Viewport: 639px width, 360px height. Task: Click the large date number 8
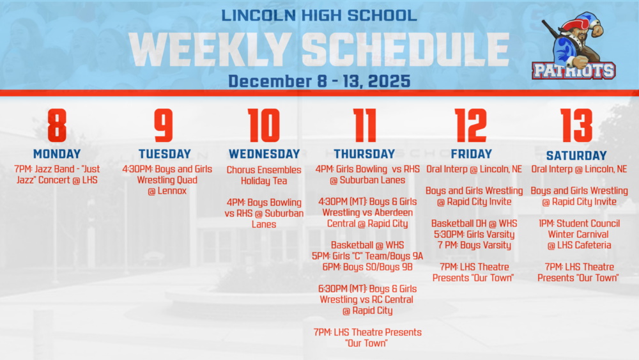[57, 126]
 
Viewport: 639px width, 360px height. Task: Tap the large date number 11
[364, 126]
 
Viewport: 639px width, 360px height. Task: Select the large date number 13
[576, 126]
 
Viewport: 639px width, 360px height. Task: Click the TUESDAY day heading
[165, 154]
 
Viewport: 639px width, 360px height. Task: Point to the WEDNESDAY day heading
[264, 154]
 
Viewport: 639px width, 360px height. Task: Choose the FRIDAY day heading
[472, 154]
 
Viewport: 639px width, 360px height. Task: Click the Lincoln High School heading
[319, 15]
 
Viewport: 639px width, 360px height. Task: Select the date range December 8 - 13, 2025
[319, 81]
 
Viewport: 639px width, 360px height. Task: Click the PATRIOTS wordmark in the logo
[573, 70]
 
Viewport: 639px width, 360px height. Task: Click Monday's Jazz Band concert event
[57, 175]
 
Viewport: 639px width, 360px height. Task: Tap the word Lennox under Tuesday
[167, 191]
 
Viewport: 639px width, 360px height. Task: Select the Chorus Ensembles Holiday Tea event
[264, 175]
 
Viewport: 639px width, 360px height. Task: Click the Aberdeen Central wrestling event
[367, 213]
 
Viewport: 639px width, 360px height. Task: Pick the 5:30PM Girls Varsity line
[473, 235]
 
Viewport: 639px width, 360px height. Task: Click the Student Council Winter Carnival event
[579, 234]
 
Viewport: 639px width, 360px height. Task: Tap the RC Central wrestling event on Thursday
[367, 300]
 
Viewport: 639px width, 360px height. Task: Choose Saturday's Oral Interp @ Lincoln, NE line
[579, 169]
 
